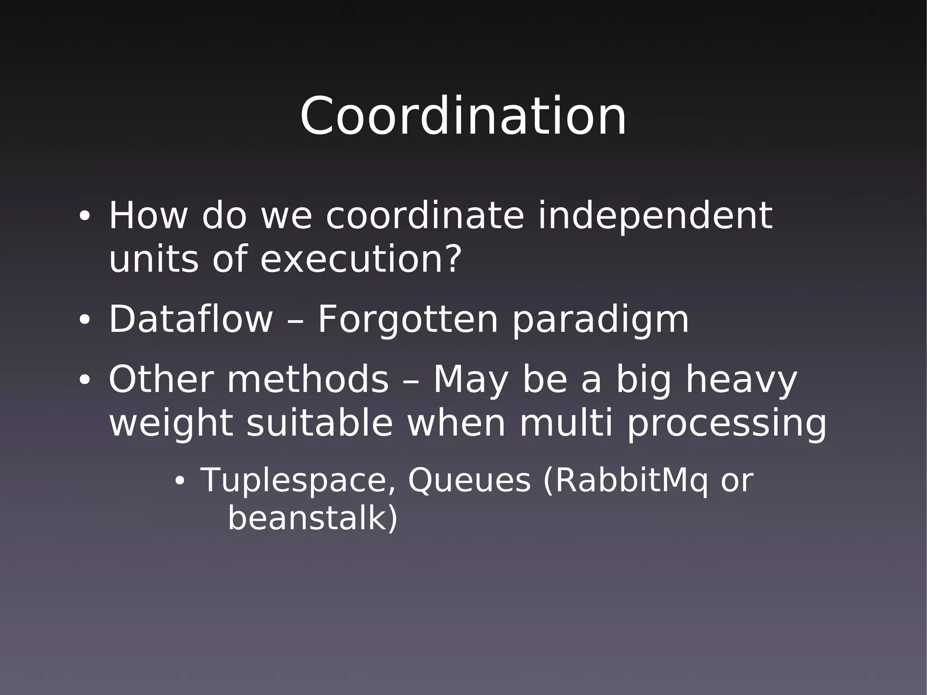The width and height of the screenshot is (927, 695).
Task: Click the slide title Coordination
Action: point(463,116)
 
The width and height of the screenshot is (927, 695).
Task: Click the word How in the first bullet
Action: point(148,216)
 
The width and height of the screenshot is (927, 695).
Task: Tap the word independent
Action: point(655,216)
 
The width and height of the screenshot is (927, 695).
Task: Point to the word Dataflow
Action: point(191,320)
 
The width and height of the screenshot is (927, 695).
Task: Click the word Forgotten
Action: point(407,320)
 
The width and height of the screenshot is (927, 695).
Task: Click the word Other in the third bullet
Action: point(161,379)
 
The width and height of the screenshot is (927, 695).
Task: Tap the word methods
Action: point(308,379)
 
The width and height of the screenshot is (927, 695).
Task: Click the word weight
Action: point(171,425)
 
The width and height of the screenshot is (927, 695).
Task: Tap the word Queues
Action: point(469,480)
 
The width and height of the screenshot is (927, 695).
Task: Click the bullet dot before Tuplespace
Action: point(180,481)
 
